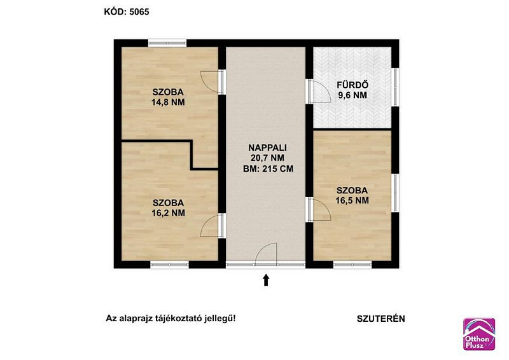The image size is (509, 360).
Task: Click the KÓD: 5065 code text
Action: click(x=127, y=12)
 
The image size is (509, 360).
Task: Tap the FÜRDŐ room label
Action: click(x=352, y=85)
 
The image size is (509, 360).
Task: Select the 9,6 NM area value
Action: click(x=352, y=95)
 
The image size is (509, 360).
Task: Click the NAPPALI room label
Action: click(x=267, y=148)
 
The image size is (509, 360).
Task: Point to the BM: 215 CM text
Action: click(x=268, y=169)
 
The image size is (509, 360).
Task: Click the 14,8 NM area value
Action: click(x=168, y=102)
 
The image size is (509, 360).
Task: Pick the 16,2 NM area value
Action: click(x=168, y=213)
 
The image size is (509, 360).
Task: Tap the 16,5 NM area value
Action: click(x=352, y=200)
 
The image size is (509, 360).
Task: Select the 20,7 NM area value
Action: click(x=267, y=158)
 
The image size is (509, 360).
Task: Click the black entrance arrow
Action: click(x=266, y=280)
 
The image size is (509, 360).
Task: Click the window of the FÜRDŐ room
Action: click(x=395, y=87)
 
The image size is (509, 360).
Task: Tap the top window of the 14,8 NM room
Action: click(x=167, y=43)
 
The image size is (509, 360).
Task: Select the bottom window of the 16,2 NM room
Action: click(x=169, y=265)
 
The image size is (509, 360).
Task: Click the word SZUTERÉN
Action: click(x=380, y=319)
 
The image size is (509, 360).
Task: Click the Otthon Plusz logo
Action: click(x=479, y=334)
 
